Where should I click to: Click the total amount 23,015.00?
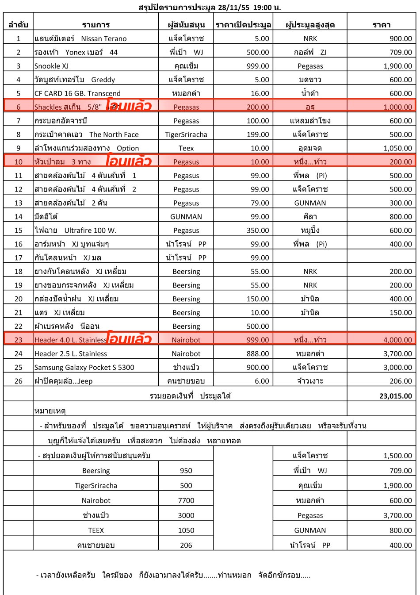(x=395, y=396)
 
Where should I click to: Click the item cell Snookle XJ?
(x=52, y=66)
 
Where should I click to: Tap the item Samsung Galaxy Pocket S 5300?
(x=84, y=367)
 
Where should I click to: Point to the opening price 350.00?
(x=258, y=230)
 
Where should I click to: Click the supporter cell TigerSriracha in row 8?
(x=186, y=134)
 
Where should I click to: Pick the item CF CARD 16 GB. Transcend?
(x=77, y=93)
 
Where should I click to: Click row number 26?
(x=18, y=381)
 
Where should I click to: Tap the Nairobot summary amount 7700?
(x=186, y=500)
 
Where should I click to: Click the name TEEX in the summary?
(x=96, y=530)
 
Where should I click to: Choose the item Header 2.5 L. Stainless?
(x=71, y=353)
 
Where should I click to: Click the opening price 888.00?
(x=258, y=353)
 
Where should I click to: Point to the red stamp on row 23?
(x=129, y=339)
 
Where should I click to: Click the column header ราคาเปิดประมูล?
(x=243, y=25)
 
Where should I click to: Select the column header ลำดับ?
(x=18, y=25)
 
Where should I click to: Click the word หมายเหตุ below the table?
(x=50, y=411)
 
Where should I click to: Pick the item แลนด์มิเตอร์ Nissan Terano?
(x=80, y=38)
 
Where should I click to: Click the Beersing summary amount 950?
(x=186, y=471)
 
